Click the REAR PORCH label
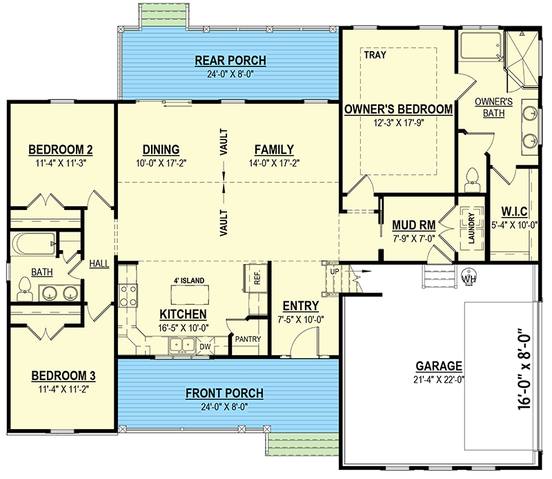230,60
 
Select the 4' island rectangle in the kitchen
190,294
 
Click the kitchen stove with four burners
128,296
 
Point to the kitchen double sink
181,345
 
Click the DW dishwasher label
205,346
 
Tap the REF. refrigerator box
256,278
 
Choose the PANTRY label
248,339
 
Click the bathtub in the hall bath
33,244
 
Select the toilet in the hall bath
24,289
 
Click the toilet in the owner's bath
472,180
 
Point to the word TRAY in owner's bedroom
375,55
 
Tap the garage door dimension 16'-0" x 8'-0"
524,369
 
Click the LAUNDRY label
471,228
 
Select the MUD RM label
413,225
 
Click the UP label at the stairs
335,271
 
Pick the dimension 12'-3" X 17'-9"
399,123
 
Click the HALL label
99,263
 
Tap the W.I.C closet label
514,212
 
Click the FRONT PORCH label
225,393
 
